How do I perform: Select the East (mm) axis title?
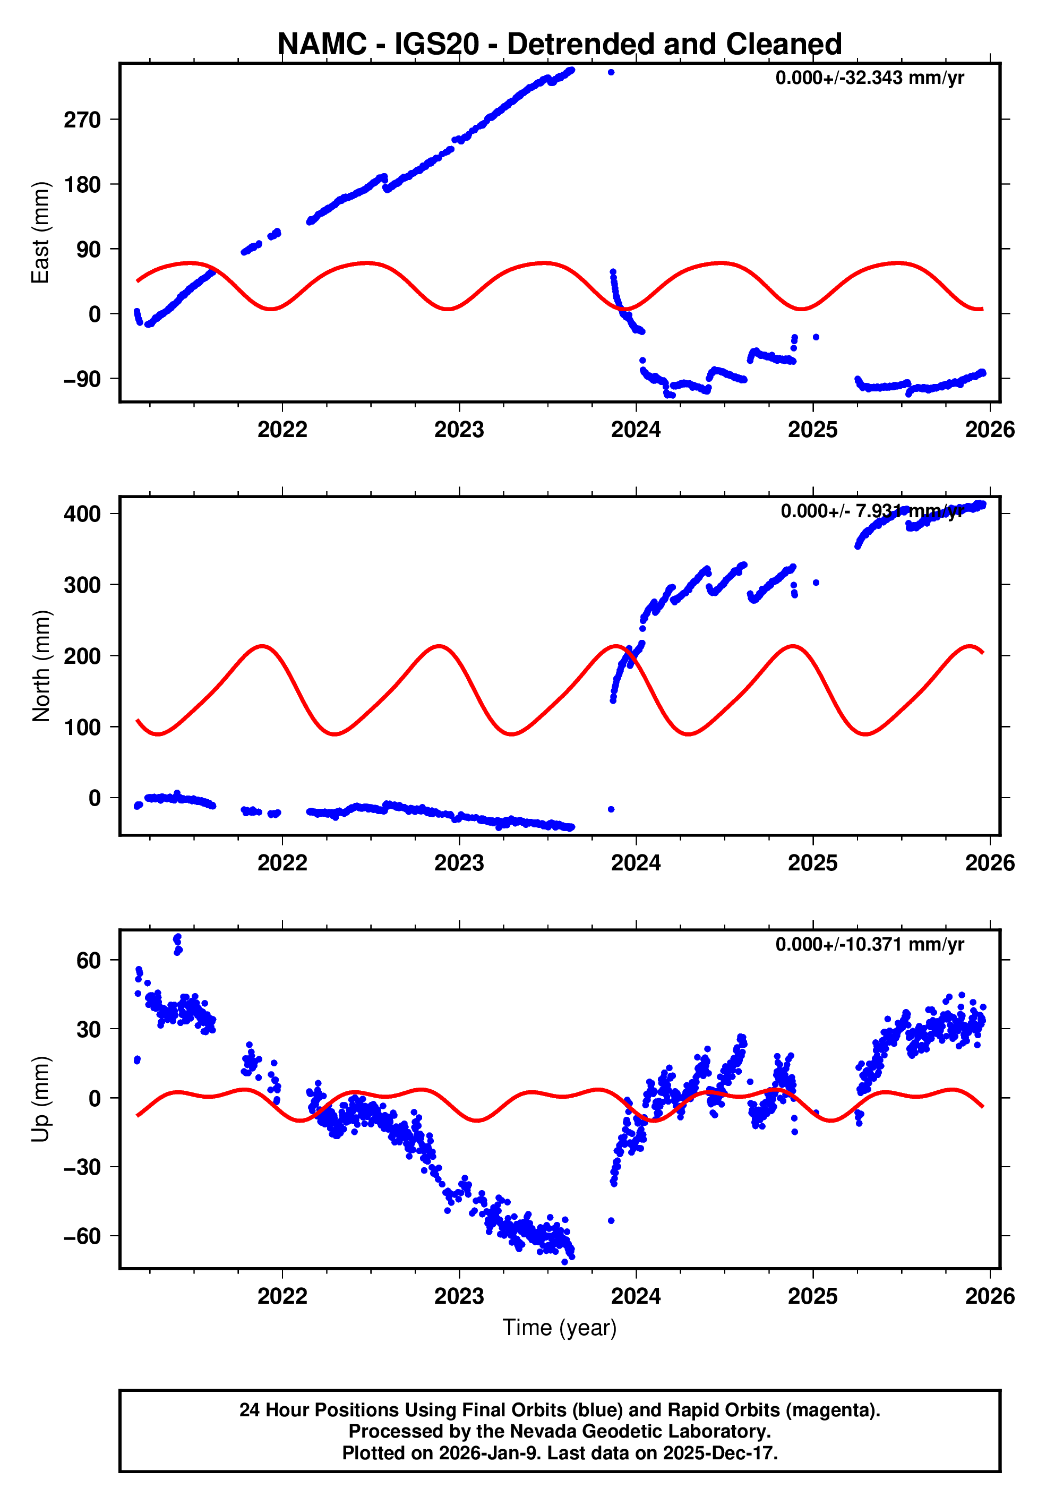(x=41, y=233)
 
